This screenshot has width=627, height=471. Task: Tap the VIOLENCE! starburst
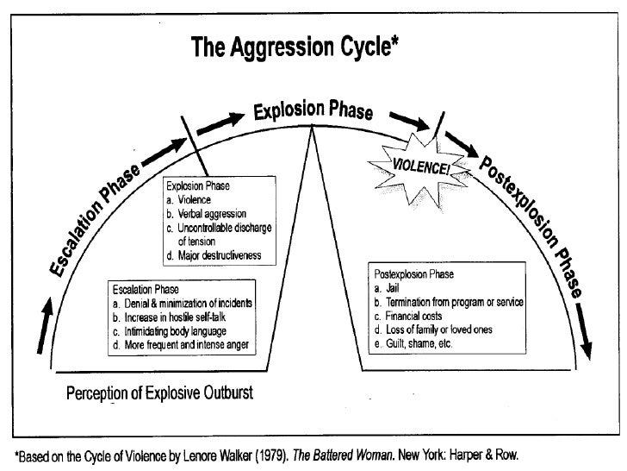(x=421, y=164)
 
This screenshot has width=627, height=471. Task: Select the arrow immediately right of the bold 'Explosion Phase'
(x=401, y=122)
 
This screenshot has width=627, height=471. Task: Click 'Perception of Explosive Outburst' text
(x=161, y=395)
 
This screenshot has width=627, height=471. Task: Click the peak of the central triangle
(x=313, y=126)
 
